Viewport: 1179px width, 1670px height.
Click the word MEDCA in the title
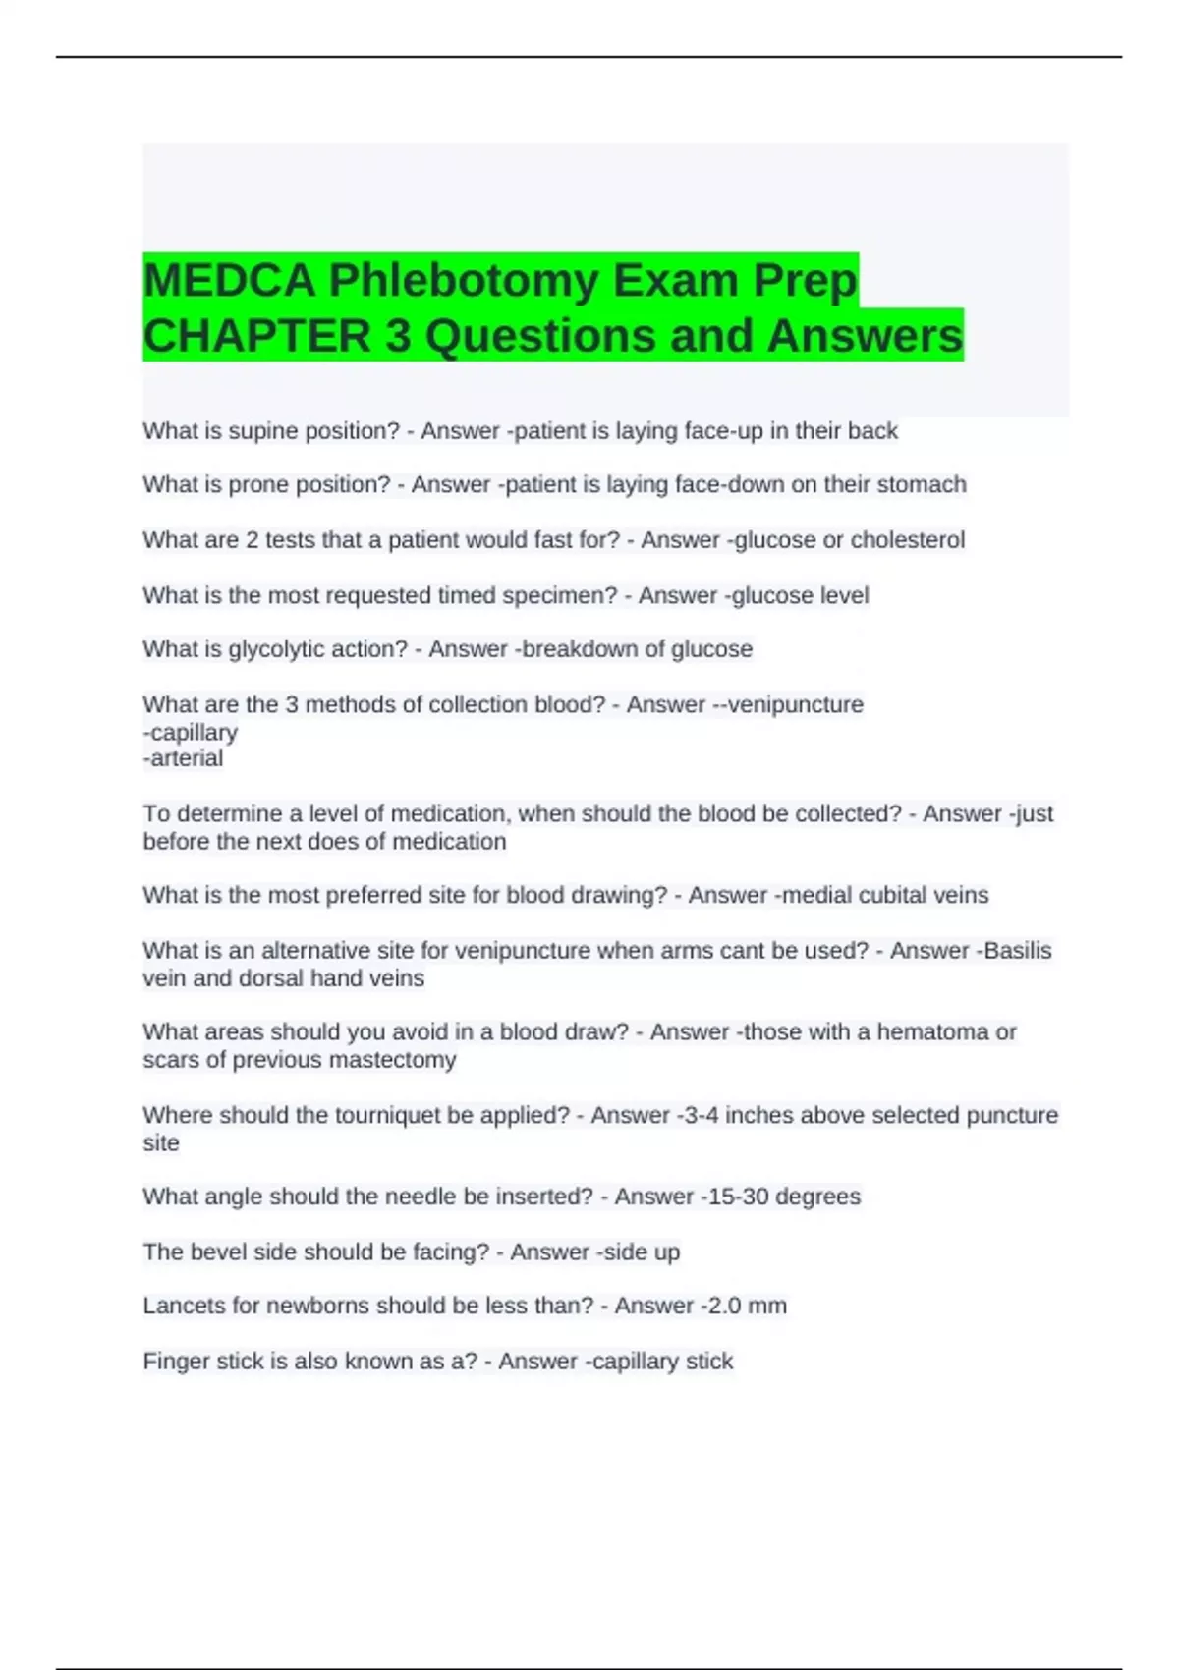pos(229,281)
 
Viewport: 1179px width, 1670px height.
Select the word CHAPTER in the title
pos(257,336)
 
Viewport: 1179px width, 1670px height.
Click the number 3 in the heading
pos(398,336)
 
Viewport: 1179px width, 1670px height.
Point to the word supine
pos(263,431)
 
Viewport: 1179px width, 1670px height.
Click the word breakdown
pos(580,649)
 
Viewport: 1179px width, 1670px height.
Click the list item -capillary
pos(191,732)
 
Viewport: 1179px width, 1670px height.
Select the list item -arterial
pos(184,758)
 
